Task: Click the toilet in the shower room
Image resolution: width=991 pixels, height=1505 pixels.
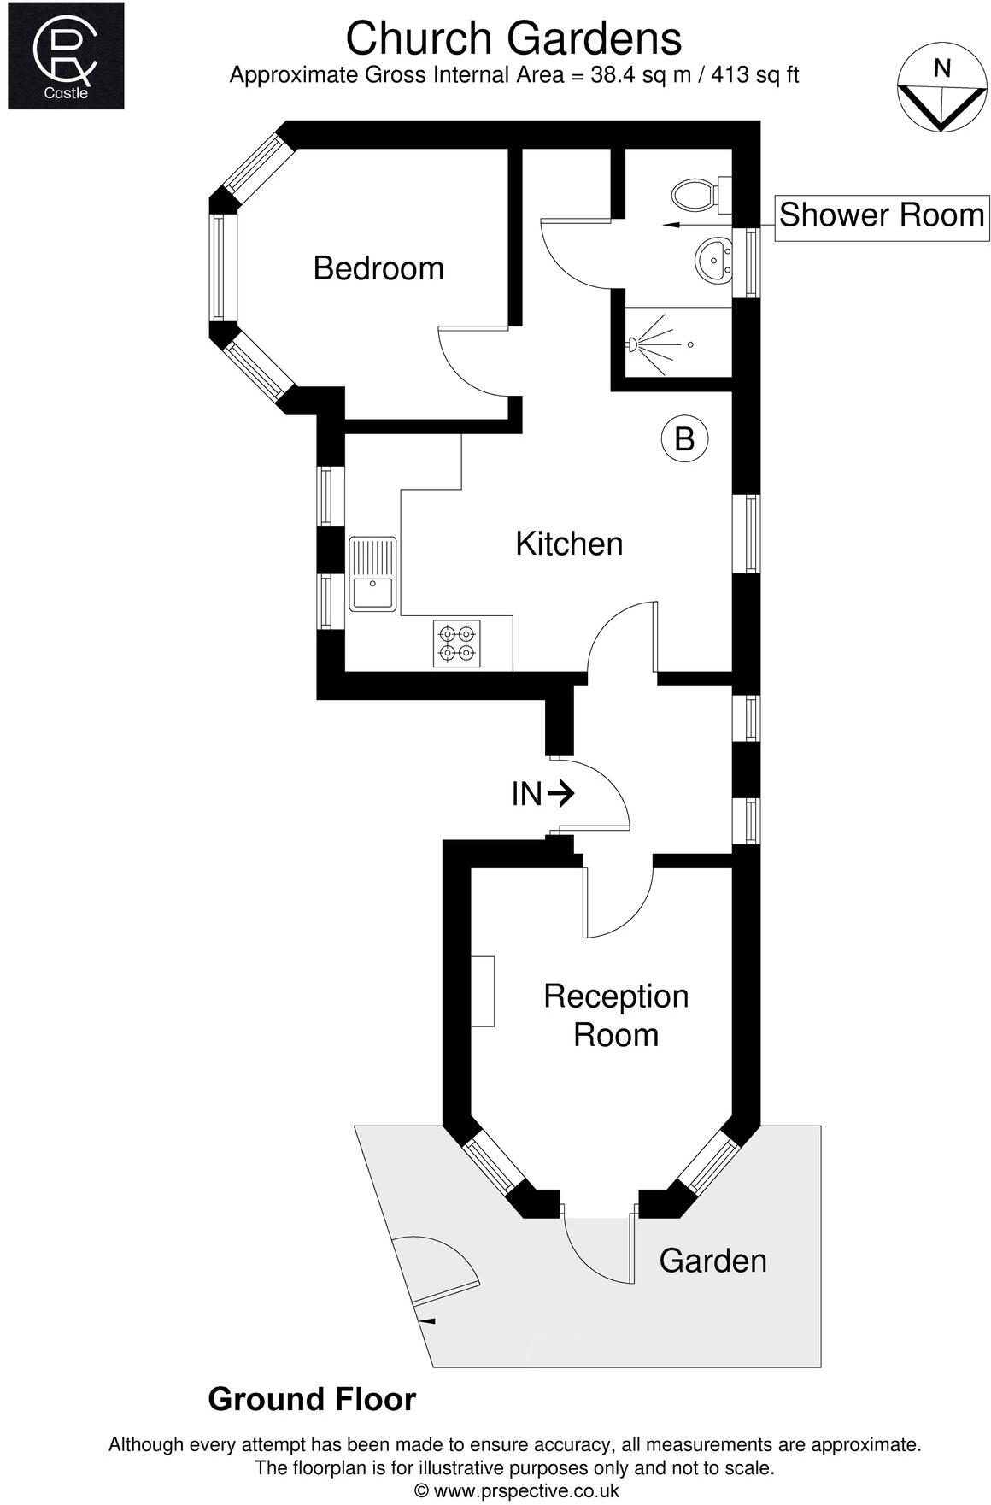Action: [x=696, y=195]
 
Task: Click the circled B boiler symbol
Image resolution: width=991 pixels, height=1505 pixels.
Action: [x=685, y=438]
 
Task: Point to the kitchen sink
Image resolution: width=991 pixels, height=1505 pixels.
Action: [x=372, y=573]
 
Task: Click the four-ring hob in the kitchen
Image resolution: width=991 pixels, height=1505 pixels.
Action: [x=456, y=644]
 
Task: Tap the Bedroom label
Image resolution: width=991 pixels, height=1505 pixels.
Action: [x=378, y=268]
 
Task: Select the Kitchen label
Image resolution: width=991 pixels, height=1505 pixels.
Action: [x=569, y=544]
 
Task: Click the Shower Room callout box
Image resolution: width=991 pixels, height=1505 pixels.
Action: [x=881, y=215]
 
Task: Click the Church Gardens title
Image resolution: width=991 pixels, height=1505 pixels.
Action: [x=513, y=38]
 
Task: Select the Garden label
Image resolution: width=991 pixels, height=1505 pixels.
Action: [x=712, y=1261]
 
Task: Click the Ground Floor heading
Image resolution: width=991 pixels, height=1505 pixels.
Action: [x=312, y=1400]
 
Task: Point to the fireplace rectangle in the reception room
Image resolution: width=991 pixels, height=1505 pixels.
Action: [x=483, y=991]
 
